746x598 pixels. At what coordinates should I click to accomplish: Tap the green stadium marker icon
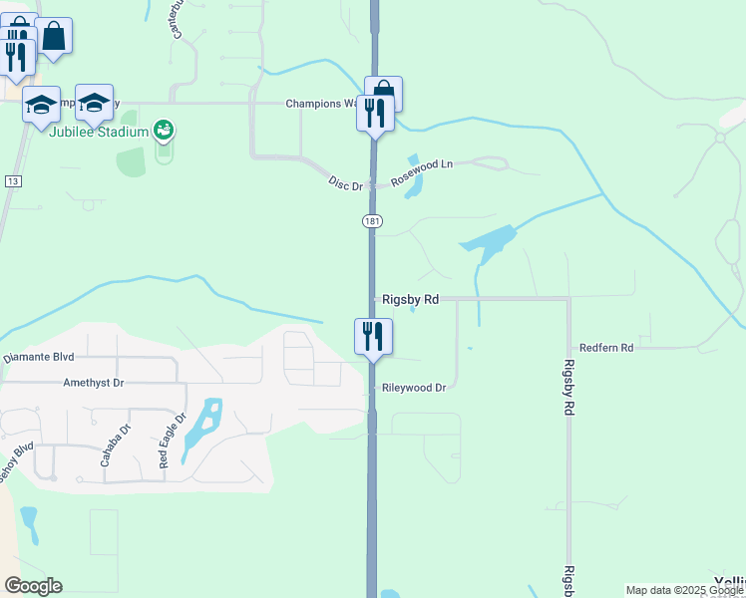[165, 130]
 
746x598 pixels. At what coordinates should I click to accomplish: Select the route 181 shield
[371, 220]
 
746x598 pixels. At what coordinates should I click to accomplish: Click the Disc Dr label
[345, 183]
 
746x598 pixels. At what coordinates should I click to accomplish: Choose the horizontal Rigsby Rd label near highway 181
[411, 299]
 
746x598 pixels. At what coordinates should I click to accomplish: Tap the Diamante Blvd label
[39, 357]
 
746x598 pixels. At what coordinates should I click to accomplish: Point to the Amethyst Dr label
[93, 382]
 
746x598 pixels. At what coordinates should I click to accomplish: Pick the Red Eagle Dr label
[172, 442]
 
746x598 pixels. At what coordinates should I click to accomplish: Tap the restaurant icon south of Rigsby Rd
[373, 336]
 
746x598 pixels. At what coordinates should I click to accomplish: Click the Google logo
[33, 586]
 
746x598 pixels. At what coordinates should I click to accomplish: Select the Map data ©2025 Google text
[685, 591]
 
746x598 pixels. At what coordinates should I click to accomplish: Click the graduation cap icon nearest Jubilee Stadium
[94, 102]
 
